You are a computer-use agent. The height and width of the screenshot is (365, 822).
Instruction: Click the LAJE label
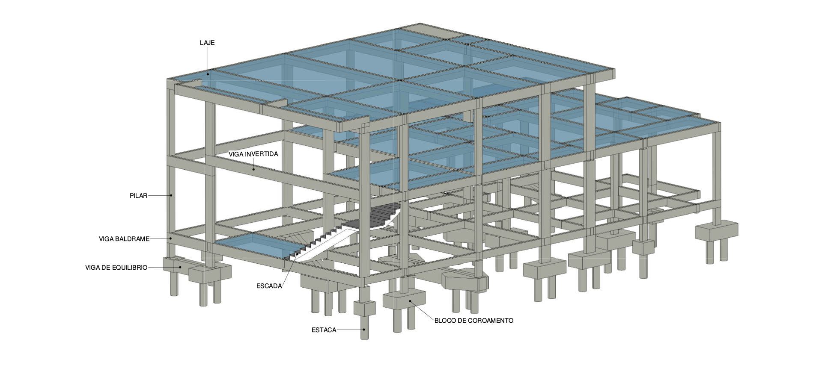pos(207,43)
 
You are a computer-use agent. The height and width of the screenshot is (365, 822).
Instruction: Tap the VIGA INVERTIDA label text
pos(253,154)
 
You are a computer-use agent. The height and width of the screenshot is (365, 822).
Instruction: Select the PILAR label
pos(138,196)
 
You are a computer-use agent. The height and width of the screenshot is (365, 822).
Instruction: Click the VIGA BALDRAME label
pos(124,239)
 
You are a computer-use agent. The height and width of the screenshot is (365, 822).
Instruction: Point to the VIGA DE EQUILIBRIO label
pos(116,268)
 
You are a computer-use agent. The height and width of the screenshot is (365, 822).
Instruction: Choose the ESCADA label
pos(269,286)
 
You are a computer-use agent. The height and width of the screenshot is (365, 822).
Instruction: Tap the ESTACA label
pos(324,330)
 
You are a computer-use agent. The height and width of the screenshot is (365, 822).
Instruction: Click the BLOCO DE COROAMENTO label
pos(474,320)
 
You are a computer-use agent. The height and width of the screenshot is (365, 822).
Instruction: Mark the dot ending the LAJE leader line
pos(208,74)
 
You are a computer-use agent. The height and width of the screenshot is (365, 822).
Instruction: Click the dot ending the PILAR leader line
pos(171,195)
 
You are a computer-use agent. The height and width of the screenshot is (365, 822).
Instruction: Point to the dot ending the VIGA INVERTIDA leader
pos(253,169)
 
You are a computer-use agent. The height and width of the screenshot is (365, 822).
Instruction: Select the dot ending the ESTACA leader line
pos(364,330)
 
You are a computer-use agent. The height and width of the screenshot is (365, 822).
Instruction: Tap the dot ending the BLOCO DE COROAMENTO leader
pos(410,301)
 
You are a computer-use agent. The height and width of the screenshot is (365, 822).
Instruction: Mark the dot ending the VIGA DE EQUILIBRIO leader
pos(180,267)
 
